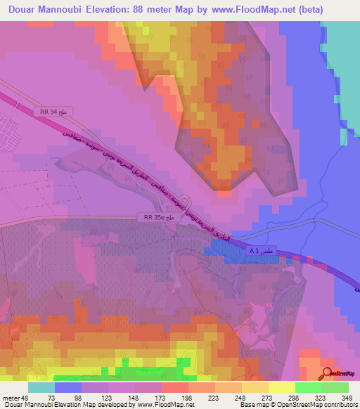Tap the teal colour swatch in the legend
pos(41,387)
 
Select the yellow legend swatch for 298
pos(282,387)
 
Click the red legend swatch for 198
pos(174,387)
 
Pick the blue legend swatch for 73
pos(67,387)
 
